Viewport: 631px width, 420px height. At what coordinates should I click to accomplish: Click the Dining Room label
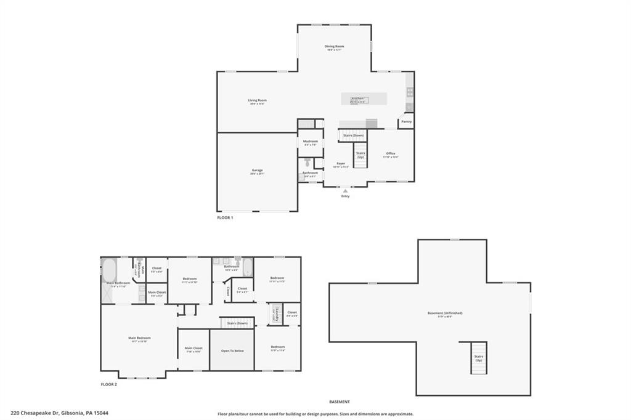click(335, 47)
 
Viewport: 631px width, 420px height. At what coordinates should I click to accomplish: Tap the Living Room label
click(257, 101)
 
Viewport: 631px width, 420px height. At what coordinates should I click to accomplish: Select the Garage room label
click(257, 171)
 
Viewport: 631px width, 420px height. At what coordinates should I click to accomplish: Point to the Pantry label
click(406, 121)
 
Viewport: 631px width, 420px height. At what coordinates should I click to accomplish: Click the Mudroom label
click(310, 142)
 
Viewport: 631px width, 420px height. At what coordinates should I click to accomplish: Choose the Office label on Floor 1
click(391, 154)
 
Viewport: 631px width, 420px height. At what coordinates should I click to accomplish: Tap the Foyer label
click(340, 164)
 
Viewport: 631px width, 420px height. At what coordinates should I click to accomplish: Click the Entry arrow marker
click(345, 191)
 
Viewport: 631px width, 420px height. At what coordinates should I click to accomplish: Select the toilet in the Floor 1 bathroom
click(307, 163)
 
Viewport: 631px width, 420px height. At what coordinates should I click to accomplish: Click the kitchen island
click(364, 99)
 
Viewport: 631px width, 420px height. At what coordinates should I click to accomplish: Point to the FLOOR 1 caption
click(225, 217)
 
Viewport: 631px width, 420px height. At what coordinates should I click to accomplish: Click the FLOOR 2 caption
click(109, 384)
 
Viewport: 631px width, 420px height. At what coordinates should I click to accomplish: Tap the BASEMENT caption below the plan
click(339, 402)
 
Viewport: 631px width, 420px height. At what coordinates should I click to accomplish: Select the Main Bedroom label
click(139, 338)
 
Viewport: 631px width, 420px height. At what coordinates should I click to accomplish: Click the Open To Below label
click(232, 350)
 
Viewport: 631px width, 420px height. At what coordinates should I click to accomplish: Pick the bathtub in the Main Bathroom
click(108, 270)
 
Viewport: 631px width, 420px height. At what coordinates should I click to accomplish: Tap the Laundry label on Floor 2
click(277, 314)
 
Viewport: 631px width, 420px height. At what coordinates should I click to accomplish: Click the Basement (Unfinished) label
click(445, 313)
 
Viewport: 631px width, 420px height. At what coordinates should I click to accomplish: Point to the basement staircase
click(478, 358)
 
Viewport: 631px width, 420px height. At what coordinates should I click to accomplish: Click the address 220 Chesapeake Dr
click(59, 413)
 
